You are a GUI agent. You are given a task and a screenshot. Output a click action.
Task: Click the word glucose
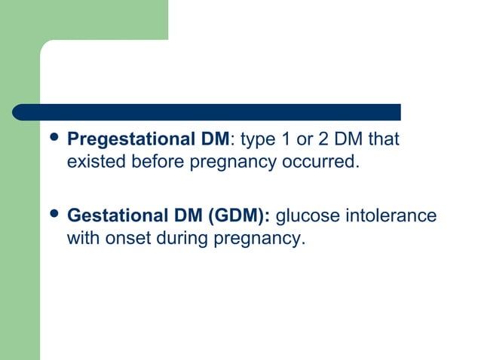tap(309, 217)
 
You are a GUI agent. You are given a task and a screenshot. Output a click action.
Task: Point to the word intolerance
tap(391, 217)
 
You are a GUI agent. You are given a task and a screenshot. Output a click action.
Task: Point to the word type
tap(256, 140)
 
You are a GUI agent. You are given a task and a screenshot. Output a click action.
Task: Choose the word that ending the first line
tap(384, 140)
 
